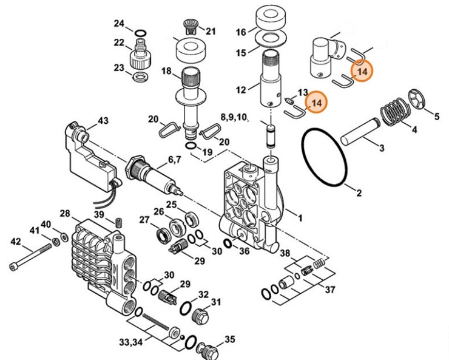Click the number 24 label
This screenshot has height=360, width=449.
pos(119,24)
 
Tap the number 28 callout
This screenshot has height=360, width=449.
pos(66,213)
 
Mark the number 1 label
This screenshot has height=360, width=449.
pos(298,214)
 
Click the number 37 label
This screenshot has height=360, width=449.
pos(329,290)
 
